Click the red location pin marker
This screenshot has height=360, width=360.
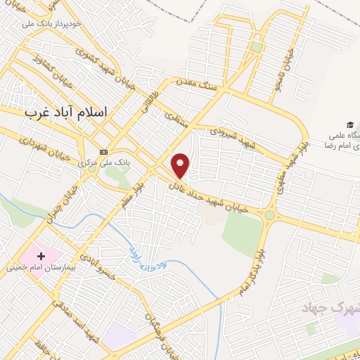tap(181, 165)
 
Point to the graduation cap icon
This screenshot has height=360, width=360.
tap(349, 124)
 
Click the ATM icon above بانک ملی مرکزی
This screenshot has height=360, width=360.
tap(103, 152)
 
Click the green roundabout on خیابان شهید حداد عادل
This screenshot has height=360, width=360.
tap(269, 215)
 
